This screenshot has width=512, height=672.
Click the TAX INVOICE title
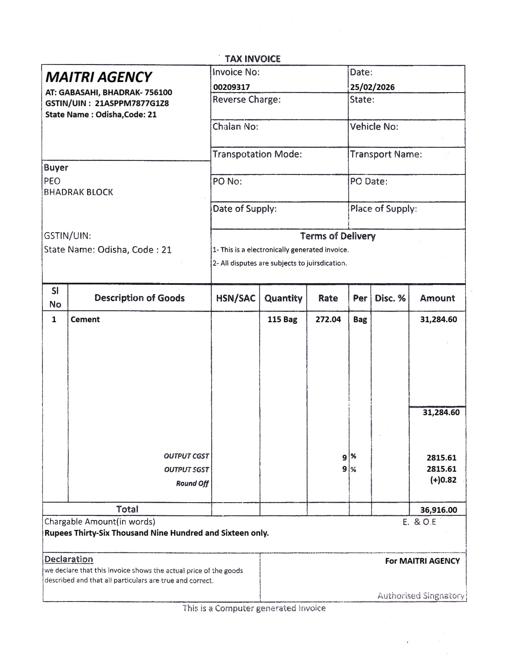click(x=253, y=59)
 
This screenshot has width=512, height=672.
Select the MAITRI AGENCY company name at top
click(x=98, y=77)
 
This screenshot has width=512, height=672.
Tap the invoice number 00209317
click(x=231, y=87)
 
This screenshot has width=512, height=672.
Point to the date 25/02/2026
click(x=372, y=87)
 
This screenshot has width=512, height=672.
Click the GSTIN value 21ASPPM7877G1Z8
click(x=132, y=103)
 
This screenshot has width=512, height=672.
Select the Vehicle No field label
click(x=374, y=127)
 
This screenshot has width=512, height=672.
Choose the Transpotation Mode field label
click(x=257, y=154)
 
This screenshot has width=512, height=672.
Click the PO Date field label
click(x=369, y=181)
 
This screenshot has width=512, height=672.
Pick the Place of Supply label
click(x=383, y=208)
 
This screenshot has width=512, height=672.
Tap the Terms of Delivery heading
click(x=338, y=236)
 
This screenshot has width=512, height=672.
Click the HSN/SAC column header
click(x=235, y=298)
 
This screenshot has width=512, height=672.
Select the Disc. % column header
click(x=390, y=298)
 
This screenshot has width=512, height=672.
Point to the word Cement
click(x=85, y=319)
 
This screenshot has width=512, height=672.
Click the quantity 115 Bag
click(x=282, y=319)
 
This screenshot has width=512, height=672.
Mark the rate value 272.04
click(x=328, y=319)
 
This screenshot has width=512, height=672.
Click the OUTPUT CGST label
click(x=186, y=456)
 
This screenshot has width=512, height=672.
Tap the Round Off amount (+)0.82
click(x=444, y=480)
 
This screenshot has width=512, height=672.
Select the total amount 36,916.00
click(x=438, y=510)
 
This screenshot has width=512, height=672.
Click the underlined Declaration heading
click(x=69, y=559)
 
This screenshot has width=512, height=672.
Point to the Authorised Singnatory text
click(x=421, y=596)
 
